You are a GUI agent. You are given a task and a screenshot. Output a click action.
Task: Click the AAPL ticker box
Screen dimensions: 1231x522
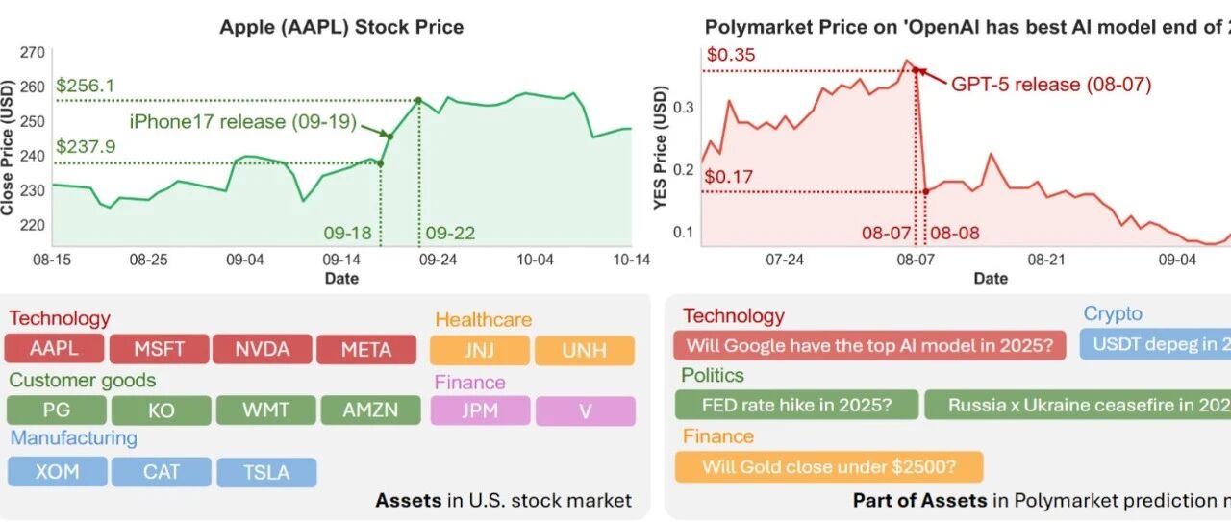(x=54, y=348)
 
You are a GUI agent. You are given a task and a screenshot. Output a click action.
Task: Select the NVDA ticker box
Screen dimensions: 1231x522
(x=263, y=349)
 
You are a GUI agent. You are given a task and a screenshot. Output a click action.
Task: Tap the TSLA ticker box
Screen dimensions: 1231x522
(x=266, y=473)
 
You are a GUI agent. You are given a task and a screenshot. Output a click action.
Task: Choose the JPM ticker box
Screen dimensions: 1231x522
(x=480, y=410)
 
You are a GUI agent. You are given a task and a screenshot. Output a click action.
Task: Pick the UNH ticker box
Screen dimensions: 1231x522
(x=585, y=351)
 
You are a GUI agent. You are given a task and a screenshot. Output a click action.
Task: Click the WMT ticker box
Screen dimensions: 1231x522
(x=266, y=410)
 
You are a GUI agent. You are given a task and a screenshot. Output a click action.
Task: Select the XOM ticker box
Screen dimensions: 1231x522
(x=57, y=471)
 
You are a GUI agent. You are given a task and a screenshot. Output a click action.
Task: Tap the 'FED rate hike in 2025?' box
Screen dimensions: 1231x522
(x=796, y=405)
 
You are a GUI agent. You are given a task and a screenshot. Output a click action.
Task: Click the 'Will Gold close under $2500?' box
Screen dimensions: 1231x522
(x=829, y=467)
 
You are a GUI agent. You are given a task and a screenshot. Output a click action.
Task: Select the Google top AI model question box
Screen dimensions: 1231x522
(x=869, y=345)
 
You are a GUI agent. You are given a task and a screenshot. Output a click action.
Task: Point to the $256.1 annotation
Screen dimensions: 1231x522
(x=86, y=86)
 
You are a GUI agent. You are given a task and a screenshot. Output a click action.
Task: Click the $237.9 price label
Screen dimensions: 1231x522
(x=86, y=146)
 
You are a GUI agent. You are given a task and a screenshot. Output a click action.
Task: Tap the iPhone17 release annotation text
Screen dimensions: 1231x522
(x=243, y=121)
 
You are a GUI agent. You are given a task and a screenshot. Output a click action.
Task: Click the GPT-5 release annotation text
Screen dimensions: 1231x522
(x=1051, y=84)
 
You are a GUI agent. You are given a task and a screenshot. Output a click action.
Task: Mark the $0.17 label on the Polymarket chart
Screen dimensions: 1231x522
(x=729, y=176)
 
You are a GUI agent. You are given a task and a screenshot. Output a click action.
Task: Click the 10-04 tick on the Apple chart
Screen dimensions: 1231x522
(x=535, y=260)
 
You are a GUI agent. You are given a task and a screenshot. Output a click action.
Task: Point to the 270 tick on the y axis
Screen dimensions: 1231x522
(x=33, y=53)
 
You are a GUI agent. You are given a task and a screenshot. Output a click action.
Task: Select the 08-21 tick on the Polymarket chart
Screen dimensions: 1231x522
(x=1046, y=260)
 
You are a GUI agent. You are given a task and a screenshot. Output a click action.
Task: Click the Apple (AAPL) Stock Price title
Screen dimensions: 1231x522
(x=341, y=27)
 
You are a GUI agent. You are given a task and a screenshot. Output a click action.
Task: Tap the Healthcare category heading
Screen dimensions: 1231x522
(x=483, y=319)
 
